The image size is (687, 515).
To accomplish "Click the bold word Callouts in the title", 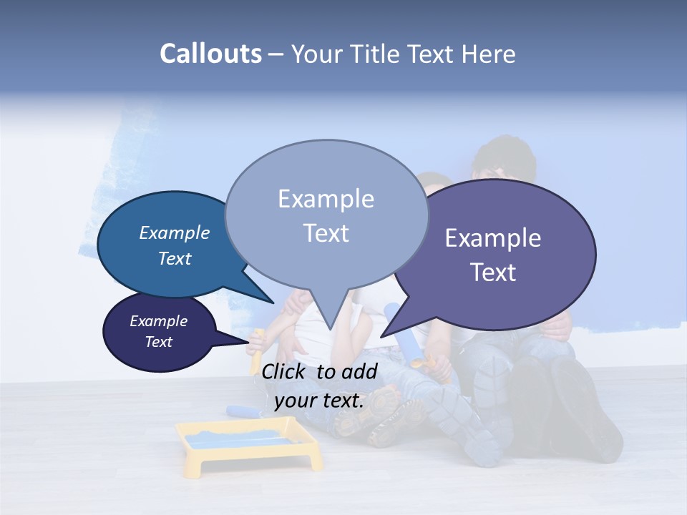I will pos(210,54).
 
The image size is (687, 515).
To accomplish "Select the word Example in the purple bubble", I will pos(493,238).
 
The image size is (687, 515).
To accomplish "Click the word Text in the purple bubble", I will pos(493,273).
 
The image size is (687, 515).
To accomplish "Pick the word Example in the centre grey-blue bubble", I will pos(326,199).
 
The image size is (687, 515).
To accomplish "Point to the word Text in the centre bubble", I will pos(326,233).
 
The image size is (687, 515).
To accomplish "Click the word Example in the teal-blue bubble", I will pos(175,233).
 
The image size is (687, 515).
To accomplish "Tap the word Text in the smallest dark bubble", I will pos(159,342).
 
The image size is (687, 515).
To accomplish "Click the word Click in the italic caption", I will pos(284,371).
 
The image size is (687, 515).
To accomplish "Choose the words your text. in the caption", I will pos(319,401).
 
